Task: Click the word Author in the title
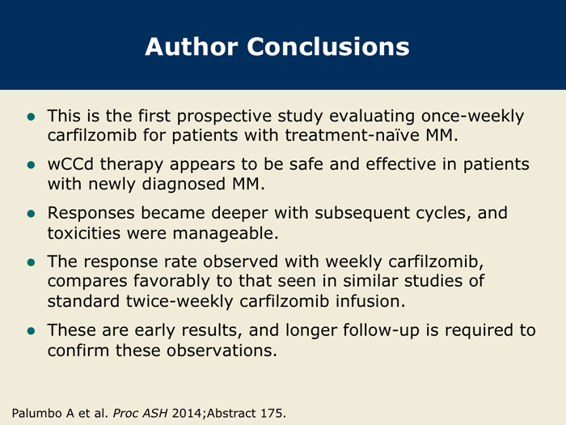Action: tap(192, 47)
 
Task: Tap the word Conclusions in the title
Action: tap(328, 47)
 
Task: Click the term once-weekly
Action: tap(472, 117)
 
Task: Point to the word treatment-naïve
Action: tap(352, 135)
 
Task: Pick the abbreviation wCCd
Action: tap(70, 164)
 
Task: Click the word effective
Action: tap(401, 164)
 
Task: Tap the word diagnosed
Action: tap(184, 185)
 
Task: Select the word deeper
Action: tap(239, 213)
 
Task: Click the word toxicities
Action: tap(84, 233)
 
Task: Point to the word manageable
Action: tap(226, 234)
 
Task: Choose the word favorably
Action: tap(171, 281)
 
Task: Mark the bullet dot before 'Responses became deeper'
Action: tap(31, 214)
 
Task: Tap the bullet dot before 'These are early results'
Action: tap(31, 331)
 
